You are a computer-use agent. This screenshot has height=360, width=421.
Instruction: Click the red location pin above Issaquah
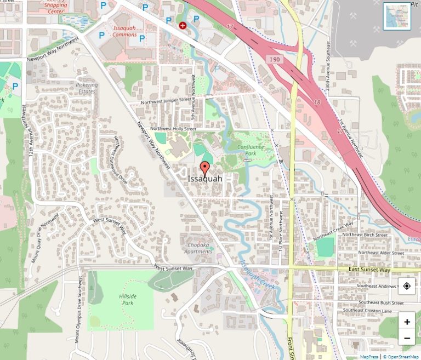205,168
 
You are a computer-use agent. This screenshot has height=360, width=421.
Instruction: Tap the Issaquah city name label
205,179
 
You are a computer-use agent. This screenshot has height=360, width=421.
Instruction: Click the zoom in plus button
407,322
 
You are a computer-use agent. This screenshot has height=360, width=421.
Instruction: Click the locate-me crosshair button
407,286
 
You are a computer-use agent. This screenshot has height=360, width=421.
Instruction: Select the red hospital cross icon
183,25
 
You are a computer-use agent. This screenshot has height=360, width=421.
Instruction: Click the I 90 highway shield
275,59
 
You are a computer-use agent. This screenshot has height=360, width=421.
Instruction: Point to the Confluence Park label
251,150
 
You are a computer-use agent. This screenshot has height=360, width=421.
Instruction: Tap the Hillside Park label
127,299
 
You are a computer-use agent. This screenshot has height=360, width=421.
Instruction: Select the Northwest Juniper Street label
166,101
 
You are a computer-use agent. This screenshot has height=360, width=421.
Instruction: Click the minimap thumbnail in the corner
397,16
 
